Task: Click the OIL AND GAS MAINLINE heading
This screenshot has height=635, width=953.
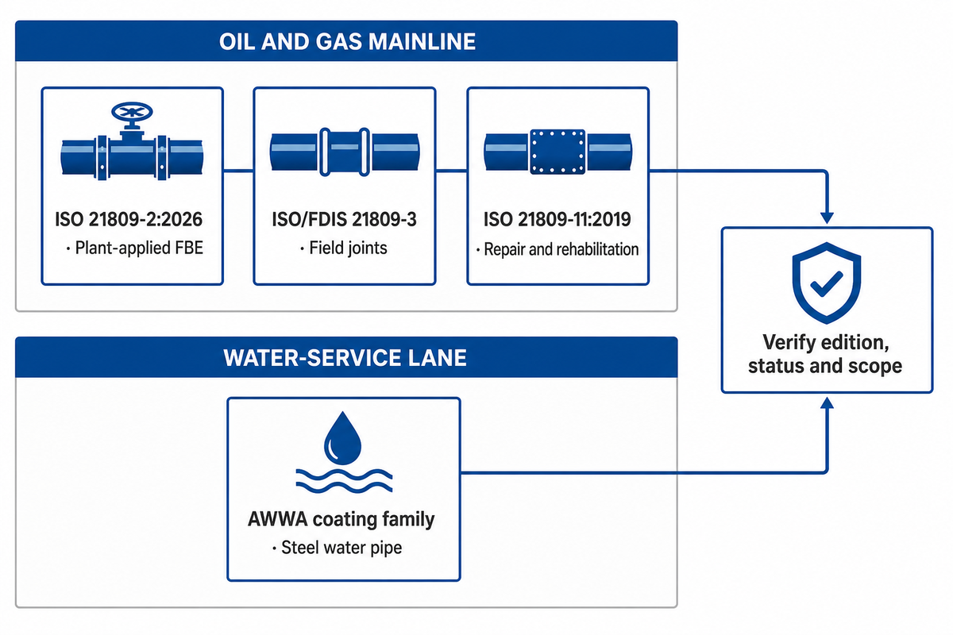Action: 347,42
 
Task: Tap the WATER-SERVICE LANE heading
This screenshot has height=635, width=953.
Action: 345,358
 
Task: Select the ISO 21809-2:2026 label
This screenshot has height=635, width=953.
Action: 129,219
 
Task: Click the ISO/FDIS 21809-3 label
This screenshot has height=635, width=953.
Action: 344,219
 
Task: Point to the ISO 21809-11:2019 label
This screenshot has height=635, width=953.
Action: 558,219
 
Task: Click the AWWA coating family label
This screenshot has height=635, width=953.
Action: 341,519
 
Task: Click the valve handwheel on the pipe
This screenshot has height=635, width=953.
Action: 132,112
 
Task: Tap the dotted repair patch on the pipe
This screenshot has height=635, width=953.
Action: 558,152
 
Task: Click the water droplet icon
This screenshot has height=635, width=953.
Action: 342,438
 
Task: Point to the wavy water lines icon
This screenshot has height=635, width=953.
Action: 344,481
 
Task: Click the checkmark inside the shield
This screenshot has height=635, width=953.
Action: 827,284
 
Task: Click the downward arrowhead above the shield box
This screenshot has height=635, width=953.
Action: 827,217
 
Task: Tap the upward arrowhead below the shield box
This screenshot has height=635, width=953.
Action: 827,403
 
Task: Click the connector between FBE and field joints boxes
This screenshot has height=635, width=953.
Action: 238,171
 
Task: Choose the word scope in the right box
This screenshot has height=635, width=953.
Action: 874,367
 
